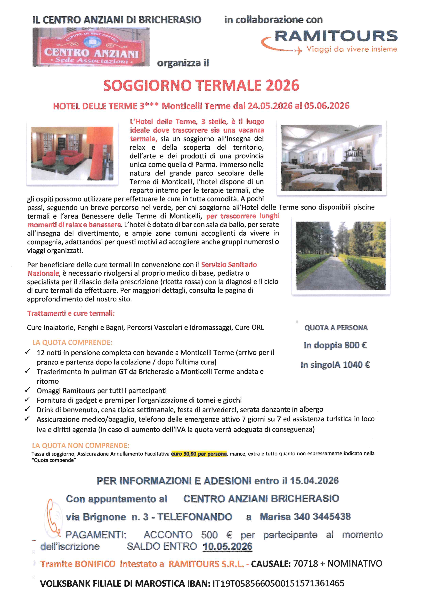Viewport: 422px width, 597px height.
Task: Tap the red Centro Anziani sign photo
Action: pos(91,47)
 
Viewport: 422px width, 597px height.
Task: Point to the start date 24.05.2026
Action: pos(270,106)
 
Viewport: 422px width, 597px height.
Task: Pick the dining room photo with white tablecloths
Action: pos(331,158)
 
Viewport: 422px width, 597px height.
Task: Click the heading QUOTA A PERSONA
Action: pos(336,328)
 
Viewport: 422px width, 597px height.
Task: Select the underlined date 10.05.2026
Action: pos(228,546)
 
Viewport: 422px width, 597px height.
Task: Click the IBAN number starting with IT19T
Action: pos(278,583)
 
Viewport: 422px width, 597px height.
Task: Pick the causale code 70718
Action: pos(305,563)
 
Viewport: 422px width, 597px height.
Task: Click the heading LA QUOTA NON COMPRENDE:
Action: pos(80,445)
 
